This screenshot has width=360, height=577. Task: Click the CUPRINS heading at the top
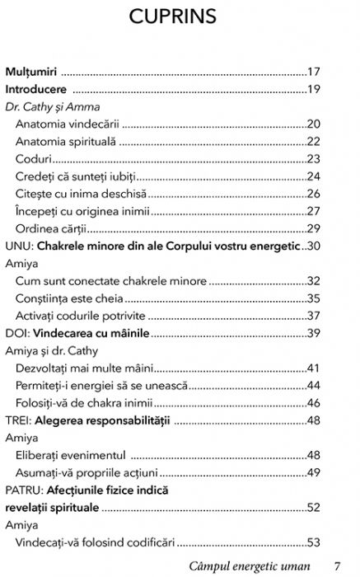point(180,18)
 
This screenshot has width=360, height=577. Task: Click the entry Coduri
point(33,159)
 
